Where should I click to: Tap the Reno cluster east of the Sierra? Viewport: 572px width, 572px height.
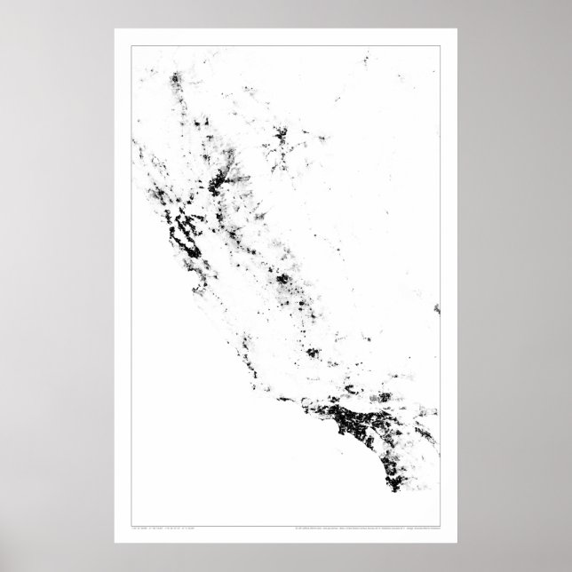coord(283,138)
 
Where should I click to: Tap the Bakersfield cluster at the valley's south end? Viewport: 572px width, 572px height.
coord(313,354)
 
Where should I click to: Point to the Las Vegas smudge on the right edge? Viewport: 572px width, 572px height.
coord(436,309)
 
